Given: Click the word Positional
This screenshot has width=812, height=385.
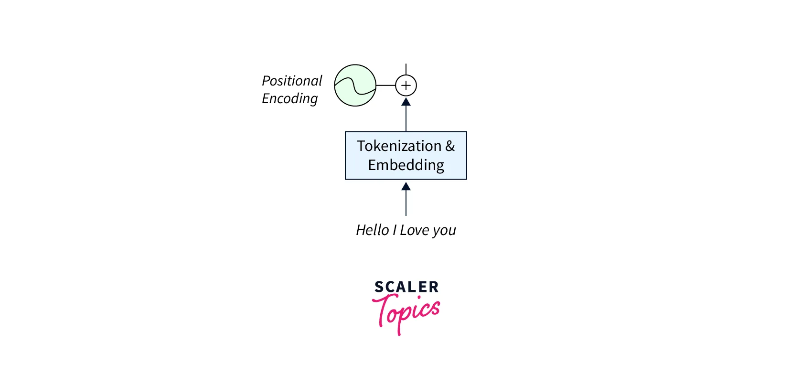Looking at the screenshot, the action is [x=292, y=80].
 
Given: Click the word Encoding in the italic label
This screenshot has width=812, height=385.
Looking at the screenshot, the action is [x=289, y=98].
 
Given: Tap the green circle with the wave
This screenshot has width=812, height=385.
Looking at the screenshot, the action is [x=355, y=86].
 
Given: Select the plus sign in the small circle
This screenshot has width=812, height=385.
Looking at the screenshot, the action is [x=406, y=86].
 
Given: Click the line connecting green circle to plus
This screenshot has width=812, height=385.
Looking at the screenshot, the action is [x=386, y=86].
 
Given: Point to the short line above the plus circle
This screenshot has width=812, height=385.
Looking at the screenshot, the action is [x=406, y=69].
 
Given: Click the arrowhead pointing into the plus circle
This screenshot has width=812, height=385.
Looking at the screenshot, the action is [x=406, y=102].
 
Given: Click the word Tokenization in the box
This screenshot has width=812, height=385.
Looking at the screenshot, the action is [x=399, y=146].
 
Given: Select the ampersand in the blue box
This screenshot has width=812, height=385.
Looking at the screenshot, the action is [x=450, y=146].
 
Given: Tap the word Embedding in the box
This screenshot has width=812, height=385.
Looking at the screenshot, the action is [x=406, y=165].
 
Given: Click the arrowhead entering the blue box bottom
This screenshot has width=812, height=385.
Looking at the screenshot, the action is [x=406, y=186].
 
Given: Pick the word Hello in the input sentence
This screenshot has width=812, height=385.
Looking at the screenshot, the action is [x=372, y=230].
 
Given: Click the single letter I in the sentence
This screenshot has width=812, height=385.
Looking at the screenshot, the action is [x=395, y=230].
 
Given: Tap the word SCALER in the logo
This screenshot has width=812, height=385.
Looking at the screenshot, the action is [x=406, y=287].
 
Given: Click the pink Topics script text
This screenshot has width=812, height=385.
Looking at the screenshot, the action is [x=406, y=314].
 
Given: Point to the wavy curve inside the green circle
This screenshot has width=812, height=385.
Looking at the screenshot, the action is [x=355, y=86].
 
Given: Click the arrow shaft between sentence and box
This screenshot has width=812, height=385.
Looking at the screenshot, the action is [x=406, y=203].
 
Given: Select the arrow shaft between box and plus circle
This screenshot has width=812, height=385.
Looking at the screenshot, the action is [x=406, y=118].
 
